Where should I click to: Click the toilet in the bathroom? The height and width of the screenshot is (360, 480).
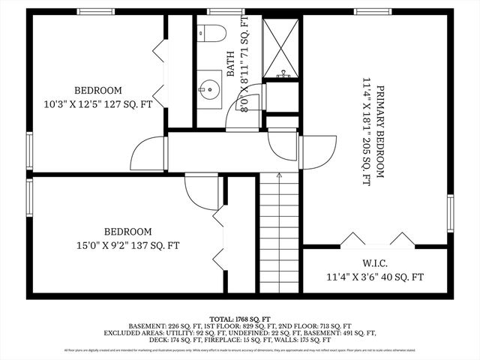tap(213, 34)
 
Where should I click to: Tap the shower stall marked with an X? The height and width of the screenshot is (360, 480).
tap(280, 46)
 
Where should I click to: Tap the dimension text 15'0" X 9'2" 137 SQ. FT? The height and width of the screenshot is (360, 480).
tap(127, 245)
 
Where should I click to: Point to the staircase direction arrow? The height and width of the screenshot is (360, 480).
tap(279, 177)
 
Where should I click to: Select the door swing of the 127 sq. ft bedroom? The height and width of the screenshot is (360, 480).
tap(148, 154)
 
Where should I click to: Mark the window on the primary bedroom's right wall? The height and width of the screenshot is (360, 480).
tap(450, 213)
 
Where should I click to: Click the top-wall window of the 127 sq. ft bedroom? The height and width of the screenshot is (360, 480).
tap(96, 11)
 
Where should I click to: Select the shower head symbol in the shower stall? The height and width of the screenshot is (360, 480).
tap(283, 74)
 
